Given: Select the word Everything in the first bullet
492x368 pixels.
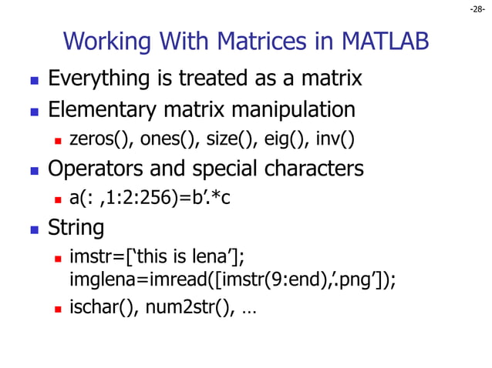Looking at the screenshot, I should point(97,79).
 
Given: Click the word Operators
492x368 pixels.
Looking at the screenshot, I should point(95,168).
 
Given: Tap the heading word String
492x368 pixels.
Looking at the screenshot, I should point(76,228).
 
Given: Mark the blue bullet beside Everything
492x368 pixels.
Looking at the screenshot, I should point(34,80).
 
